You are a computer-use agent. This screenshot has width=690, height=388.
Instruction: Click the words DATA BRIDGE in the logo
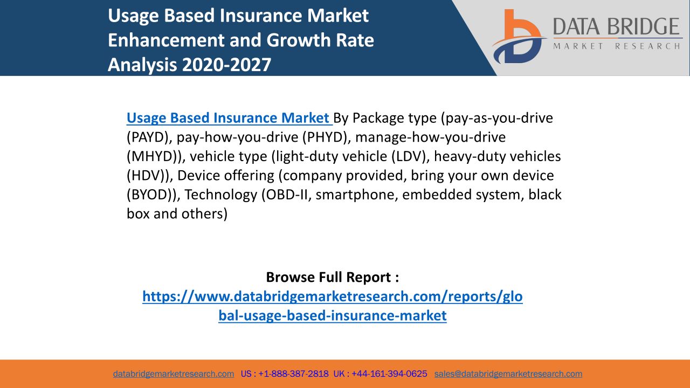click(x=616, y=26)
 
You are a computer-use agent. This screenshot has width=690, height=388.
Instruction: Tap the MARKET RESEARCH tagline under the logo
click(x=616, y=46)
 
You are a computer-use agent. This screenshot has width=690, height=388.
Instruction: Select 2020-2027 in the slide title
click(x=227, y=65)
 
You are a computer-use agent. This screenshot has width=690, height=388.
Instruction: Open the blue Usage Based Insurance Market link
click(x=230, y=118)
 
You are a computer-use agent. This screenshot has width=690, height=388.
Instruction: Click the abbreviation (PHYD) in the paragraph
click(x=326, y=137)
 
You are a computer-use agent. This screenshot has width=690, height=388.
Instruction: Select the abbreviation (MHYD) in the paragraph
click(x=154, y=156)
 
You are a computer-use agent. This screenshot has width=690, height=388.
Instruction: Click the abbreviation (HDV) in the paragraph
click(x=148, y=176)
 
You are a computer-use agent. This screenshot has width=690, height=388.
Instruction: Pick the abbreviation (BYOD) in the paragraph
click(x=151, y=195)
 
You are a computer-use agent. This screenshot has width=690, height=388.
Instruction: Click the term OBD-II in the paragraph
click(x=286, y=195)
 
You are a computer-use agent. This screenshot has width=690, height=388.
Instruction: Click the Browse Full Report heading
click(x=333, y=277)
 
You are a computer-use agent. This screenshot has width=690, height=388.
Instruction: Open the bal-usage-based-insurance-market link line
click(x=333, y=315)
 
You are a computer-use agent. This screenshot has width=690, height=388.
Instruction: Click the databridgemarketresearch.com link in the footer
click(x=174, y=374)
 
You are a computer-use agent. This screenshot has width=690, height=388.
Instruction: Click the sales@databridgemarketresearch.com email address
click(x=508, y=374)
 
